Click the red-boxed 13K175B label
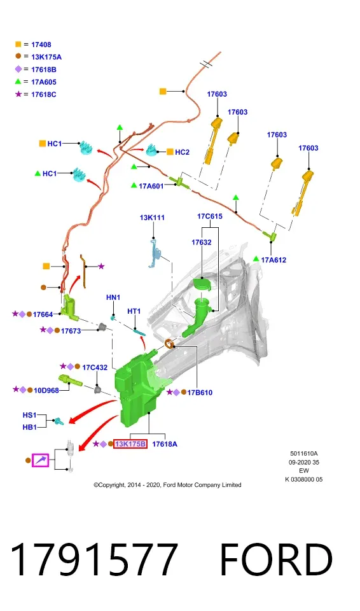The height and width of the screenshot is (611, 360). (130, 444)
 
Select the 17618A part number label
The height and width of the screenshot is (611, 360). (164, 444)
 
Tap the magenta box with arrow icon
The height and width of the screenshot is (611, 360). (41, 460)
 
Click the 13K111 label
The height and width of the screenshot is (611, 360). (152, 218)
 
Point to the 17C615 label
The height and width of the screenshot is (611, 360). (210, 216)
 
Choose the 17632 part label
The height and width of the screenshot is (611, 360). (202, 242)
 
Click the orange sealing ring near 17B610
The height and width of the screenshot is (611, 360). (169, 344)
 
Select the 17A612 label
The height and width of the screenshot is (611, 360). (273, 260)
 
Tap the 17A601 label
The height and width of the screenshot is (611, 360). (151, 186)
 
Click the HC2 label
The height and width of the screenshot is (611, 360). (182, 152)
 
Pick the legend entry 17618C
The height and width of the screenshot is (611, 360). (44, 94)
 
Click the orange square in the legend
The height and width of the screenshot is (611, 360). (18, 45)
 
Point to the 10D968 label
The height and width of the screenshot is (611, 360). (46, 390)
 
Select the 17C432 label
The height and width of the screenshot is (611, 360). (95, 367)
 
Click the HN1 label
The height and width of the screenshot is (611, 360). (113, 297)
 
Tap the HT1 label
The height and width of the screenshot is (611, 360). (134, 311)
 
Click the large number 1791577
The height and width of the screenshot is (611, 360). (94, 559)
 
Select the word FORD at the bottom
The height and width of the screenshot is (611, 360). (276, 559)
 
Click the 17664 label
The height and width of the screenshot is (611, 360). (43, 314)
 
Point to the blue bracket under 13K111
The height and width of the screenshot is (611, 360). (155, 253)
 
